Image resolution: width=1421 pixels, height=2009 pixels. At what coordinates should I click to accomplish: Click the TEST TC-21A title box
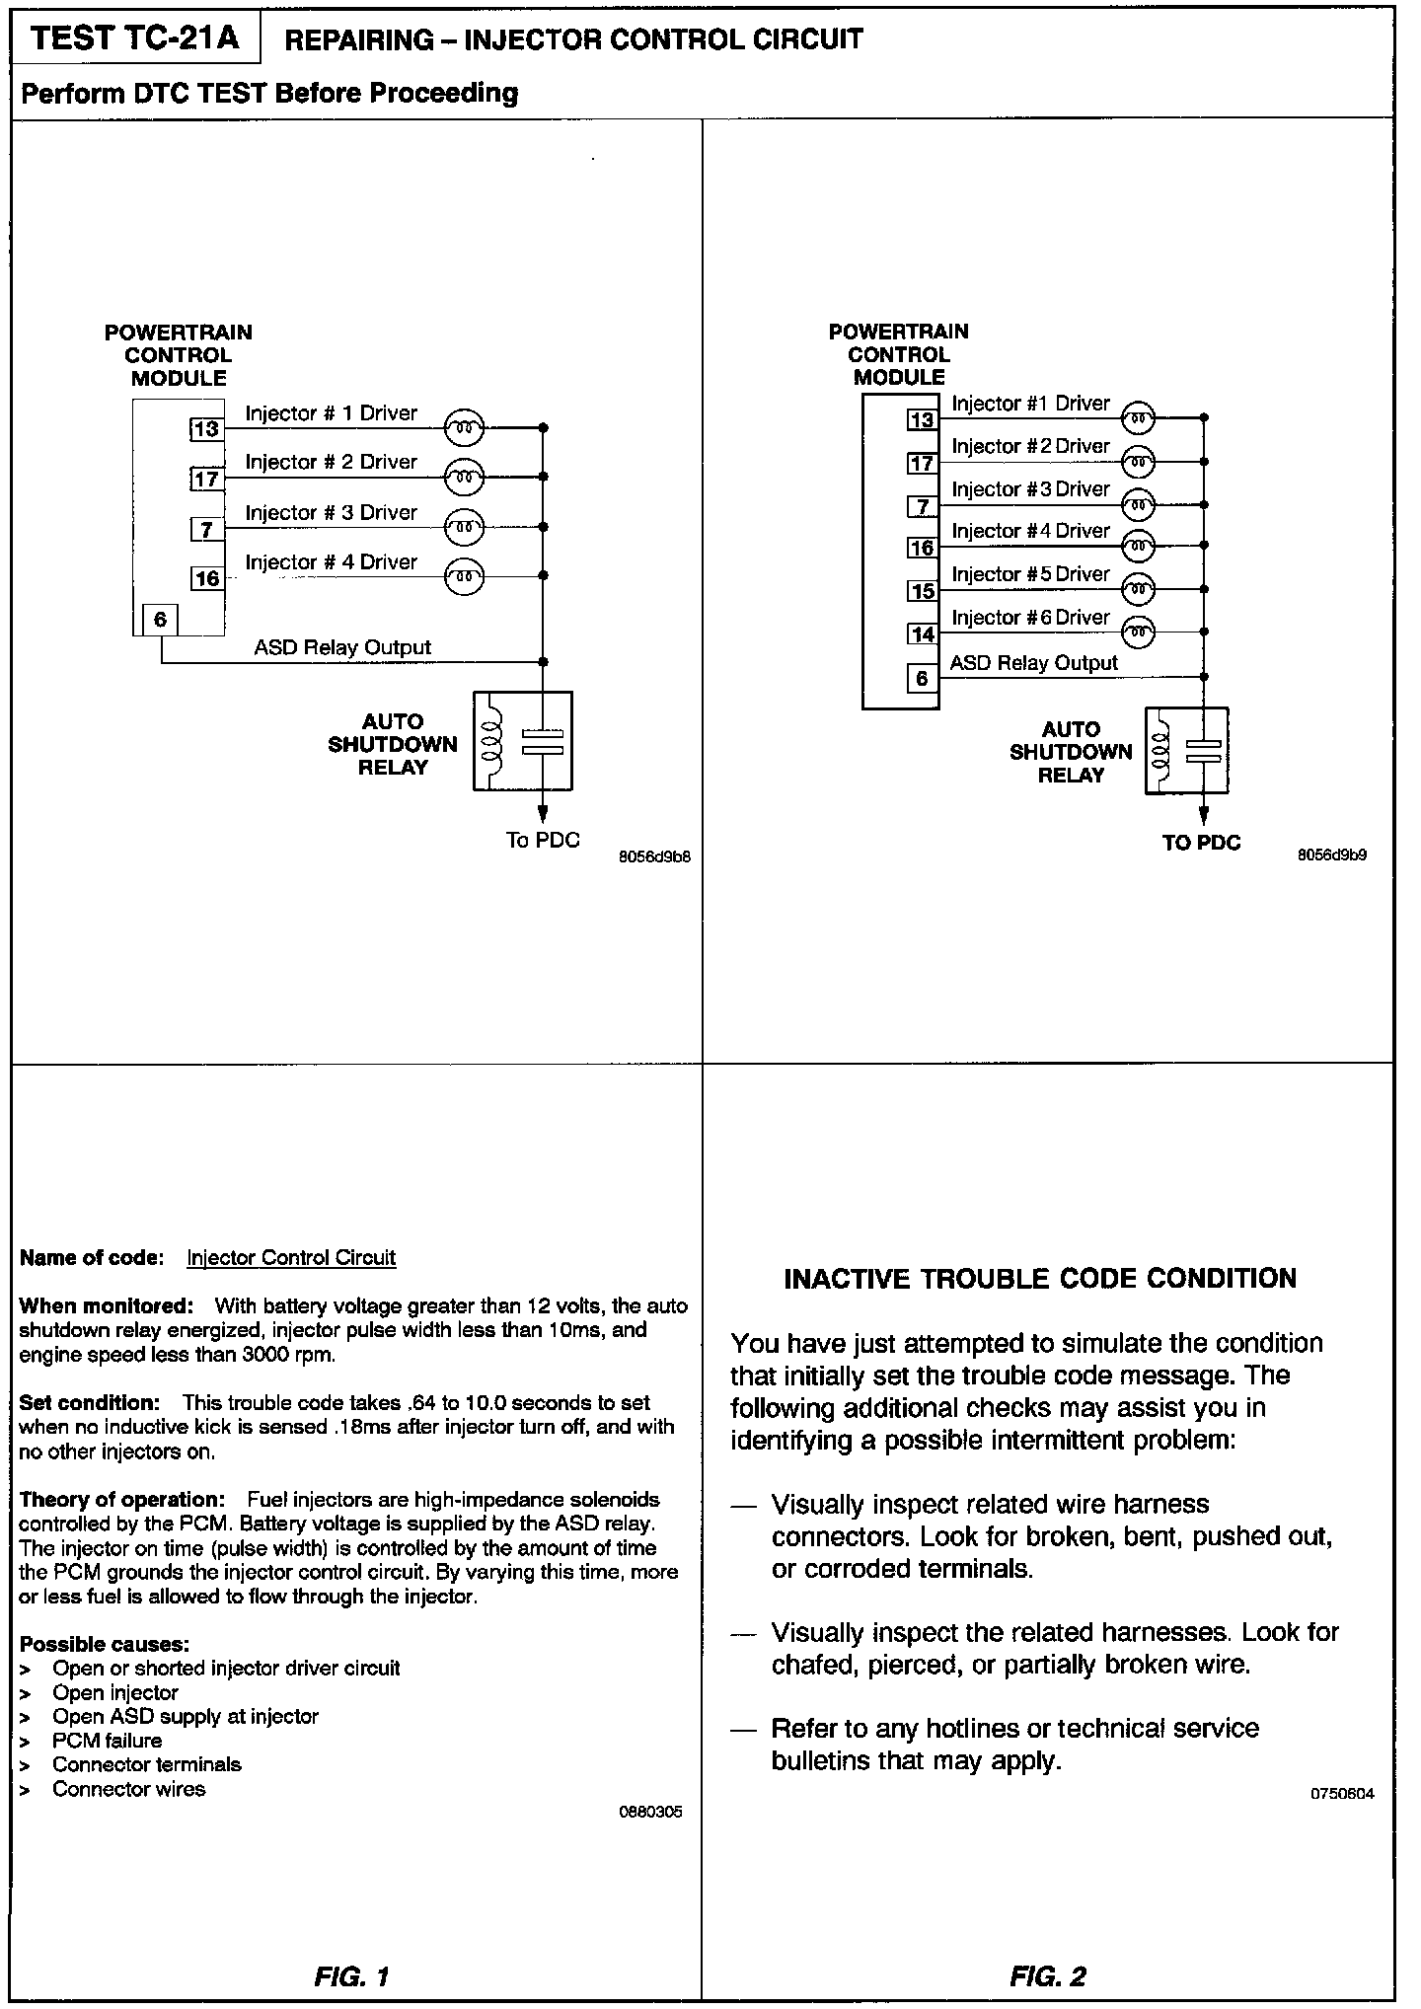135,39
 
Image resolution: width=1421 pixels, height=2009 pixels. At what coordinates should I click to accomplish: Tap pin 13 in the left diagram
206,429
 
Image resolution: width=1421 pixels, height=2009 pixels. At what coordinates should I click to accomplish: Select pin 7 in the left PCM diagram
206,530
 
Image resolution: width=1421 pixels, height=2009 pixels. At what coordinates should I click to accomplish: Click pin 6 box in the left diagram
160,620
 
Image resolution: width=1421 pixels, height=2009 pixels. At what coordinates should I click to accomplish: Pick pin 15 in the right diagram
923,591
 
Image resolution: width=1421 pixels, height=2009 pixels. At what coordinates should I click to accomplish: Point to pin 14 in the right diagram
923,634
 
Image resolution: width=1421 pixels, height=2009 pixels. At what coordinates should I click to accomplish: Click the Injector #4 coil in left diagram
464,576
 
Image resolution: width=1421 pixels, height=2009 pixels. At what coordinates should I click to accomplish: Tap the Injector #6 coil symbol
1139,632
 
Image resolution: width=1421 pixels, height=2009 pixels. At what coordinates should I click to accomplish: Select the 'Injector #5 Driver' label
1030,574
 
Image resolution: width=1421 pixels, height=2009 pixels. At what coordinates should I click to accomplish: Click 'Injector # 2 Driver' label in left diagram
331,462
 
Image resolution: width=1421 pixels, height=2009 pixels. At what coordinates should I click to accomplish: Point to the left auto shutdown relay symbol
523,740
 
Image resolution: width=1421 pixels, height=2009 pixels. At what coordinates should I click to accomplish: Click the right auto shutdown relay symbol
1187,751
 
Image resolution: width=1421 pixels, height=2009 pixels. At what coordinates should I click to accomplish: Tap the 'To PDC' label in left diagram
543,841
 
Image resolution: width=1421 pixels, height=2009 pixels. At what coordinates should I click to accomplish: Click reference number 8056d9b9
1332,855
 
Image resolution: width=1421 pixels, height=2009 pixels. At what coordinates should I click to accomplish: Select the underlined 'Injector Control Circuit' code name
291,1258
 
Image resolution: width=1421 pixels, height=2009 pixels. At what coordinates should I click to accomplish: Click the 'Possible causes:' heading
104,1644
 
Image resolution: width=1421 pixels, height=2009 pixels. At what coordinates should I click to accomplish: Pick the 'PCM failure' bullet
107,1741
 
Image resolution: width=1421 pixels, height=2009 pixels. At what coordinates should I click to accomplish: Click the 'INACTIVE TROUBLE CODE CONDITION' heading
1040,1279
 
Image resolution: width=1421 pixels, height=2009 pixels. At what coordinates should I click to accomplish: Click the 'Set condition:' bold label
89,1403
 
